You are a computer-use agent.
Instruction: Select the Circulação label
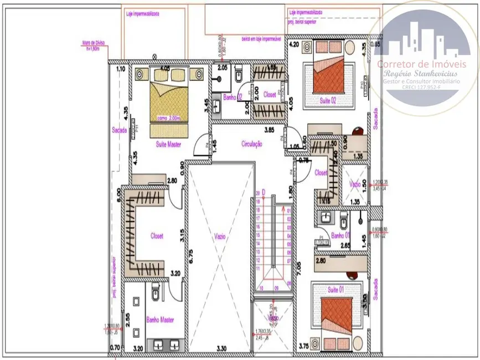pyautogui.click(x=251, y=143)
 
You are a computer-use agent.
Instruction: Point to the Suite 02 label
pyautogui.click(x=328, y=100)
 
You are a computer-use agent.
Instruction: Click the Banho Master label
pyautogui.click(x=160, y=320)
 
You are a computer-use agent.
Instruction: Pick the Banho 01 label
pyautogui.click(x=339, y=235)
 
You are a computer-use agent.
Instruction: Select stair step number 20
pyautogui.click(x=257, y=193)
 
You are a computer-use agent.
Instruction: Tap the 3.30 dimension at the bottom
pyautogui.click(x=220, y=348)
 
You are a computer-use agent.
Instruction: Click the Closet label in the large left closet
pyautogui.click(x=157, y=235)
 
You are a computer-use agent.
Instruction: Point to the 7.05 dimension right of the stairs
pyautogui.click(x=300, y=269)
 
